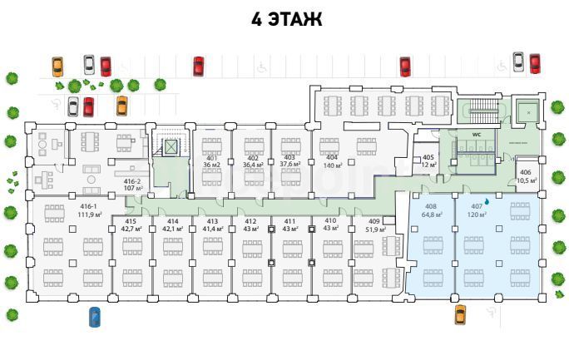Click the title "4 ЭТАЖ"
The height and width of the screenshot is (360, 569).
pyautogui.click(x=286, y=19)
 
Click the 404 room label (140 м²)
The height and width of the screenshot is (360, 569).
pyautogui.click(x=332, y=161)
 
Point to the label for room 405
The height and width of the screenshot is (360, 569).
pyautogui.click(x=428, y=160)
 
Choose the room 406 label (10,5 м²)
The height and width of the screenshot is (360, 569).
pyautogui.click(x=527, y=175)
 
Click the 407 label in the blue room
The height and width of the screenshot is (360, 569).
pyautogui.click(x=477, y=210)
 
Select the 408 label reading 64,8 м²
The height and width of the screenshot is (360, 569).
pyautogui.click(x=431, y=210)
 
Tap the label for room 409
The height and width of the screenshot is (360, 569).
pyautogui.click(x=374, y=224)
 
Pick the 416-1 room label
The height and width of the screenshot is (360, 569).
pyautogui.click(x=88, y=210)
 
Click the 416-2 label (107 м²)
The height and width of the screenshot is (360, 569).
pyautogui.click(x=132, y=185)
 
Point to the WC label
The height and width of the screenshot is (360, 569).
pyautogui.click(x=477, y=134)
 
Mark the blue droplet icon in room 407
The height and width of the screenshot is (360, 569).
pyautogui.click(x=487, y=200)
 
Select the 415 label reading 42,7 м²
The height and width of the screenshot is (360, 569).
pyautogui.click(x=130, y=224)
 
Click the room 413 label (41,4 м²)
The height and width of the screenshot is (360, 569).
pyautogui.click(x=212, y=224)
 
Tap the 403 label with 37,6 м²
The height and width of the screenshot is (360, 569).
pyautogui.click(x=289, y=161)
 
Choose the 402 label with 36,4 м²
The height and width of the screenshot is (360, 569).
pyautogui.click(x=252, y=161)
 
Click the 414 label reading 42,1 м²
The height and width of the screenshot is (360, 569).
pyautogui.click(x=172, y=224)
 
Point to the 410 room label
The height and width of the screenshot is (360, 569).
pyautogui.click(x=330, y=224)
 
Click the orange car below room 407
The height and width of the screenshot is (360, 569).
pyautogui.click(x=460, y=314)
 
